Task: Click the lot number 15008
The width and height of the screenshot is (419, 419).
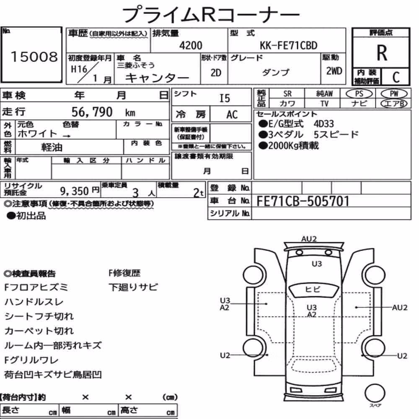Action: [34, 57]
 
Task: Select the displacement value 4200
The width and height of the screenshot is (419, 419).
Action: [191, 45]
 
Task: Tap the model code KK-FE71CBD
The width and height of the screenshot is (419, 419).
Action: [289, 46]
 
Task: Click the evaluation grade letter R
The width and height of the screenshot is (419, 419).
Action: [382, 53]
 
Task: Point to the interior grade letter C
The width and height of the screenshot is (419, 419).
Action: [396, 77]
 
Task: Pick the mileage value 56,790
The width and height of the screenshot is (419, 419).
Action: [92, 112]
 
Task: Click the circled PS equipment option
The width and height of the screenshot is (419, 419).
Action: [359, 94]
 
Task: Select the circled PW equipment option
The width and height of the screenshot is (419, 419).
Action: [394, 94]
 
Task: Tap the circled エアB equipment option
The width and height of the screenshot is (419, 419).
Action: [394, 103]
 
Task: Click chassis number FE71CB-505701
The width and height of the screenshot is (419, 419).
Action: [303, 201]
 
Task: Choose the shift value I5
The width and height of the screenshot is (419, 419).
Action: [225, 98]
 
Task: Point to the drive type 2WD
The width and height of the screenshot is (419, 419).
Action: [334, 71]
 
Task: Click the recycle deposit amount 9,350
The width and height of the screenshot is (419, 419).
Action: [74, 191]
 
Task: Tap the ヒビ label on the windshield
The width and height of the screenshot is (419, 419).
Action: [313, 290]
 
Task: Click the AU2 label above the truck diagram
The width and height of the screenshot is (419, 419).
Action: [309, 239]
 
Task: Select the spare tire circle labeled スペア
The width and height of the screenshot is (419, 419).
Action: [375, 393]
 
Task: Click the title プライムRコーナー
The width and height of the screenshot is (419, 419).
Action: [211, 15]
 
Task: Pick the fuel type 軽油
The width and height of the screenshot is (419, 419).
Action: [52, 147]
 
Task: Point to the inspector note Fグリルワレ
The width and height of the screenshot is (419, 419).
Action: [31, 360]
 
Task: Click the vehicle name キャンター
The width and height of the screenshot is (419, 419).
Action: [157, 78]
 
